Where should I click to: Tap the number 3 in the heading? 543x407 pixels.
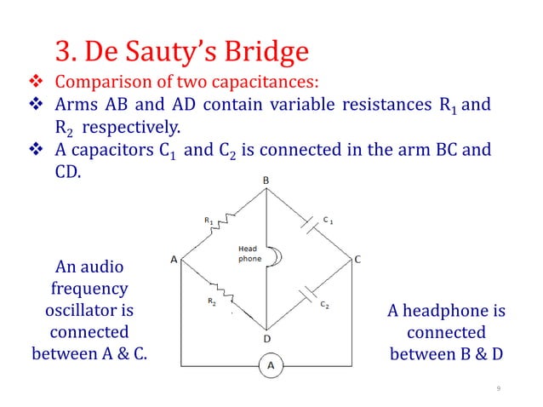[62, 52]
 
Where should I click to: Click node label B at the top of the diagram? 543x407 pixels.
[266, 181]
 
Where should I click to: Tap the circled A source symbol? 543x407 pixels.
[271, 366]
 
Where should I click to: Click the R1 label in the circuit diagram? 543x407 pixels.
[209, 221]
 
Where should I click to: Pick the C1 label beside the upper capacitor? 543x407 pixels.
[328, 220]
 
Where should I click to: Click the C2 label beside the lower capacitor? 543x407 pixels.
[325, 304]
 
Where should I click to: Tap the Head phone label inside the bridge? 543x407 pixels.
[249, 254]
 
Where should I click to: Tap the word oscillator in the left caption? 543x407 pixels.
[89, 310]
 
